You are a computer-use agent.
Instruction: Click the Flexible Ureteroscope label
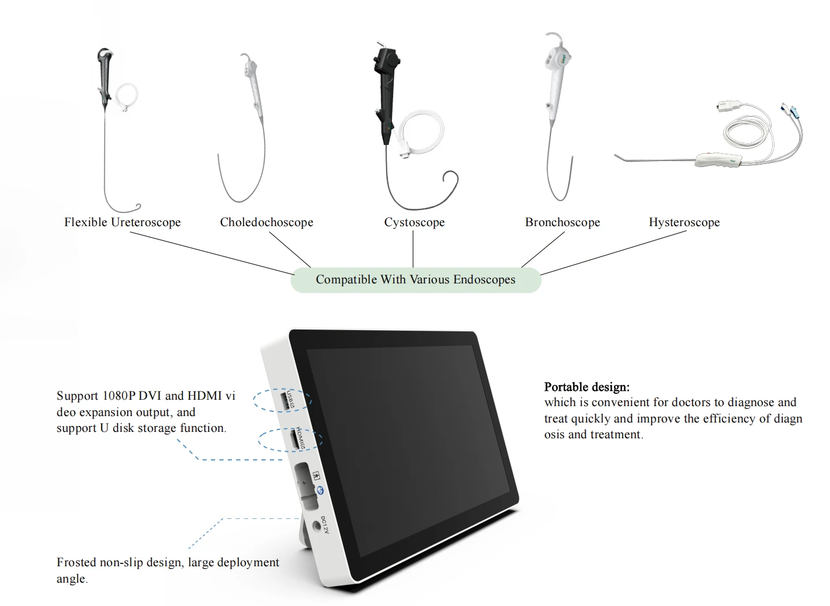[122, 222]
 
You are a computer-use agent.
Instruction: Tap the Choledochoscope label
[266, 222]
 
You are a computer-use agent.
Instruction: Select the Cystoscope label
[414, 222]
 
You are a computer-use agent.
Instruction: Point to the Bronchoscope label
[562, 222]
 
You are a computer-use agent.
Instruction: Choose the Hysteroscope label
[684, 222]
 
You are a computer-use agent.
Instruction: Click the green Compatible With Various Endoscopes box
[415, 280]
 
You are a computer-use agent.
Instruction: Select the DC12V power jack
[317, 525]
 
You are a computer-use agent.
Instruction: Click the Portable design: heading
[586, 387]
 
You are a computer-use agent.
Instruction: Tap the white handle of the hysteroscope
[718, 160]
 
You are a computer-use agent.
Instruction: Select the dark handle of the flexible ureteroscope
[105, 78]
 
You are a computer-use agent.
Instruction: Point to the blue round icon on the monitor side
[320, 491]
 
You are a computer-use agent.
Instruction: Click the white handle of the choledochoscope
[254, 87]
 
